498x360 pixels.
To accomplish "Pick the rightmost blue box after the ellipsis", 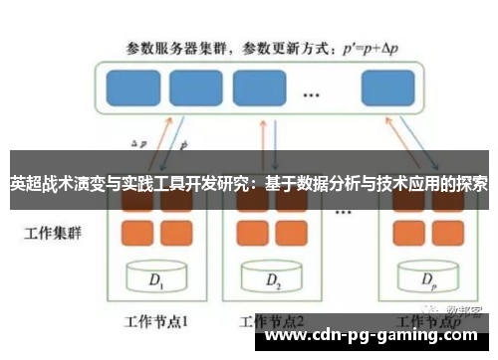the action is [x=387, y=87].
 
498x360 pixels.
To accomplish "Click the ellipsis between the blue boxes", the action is [x=311, y=94].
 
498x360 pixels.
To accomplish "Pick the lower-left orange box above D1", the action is [x=137, y=233].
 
